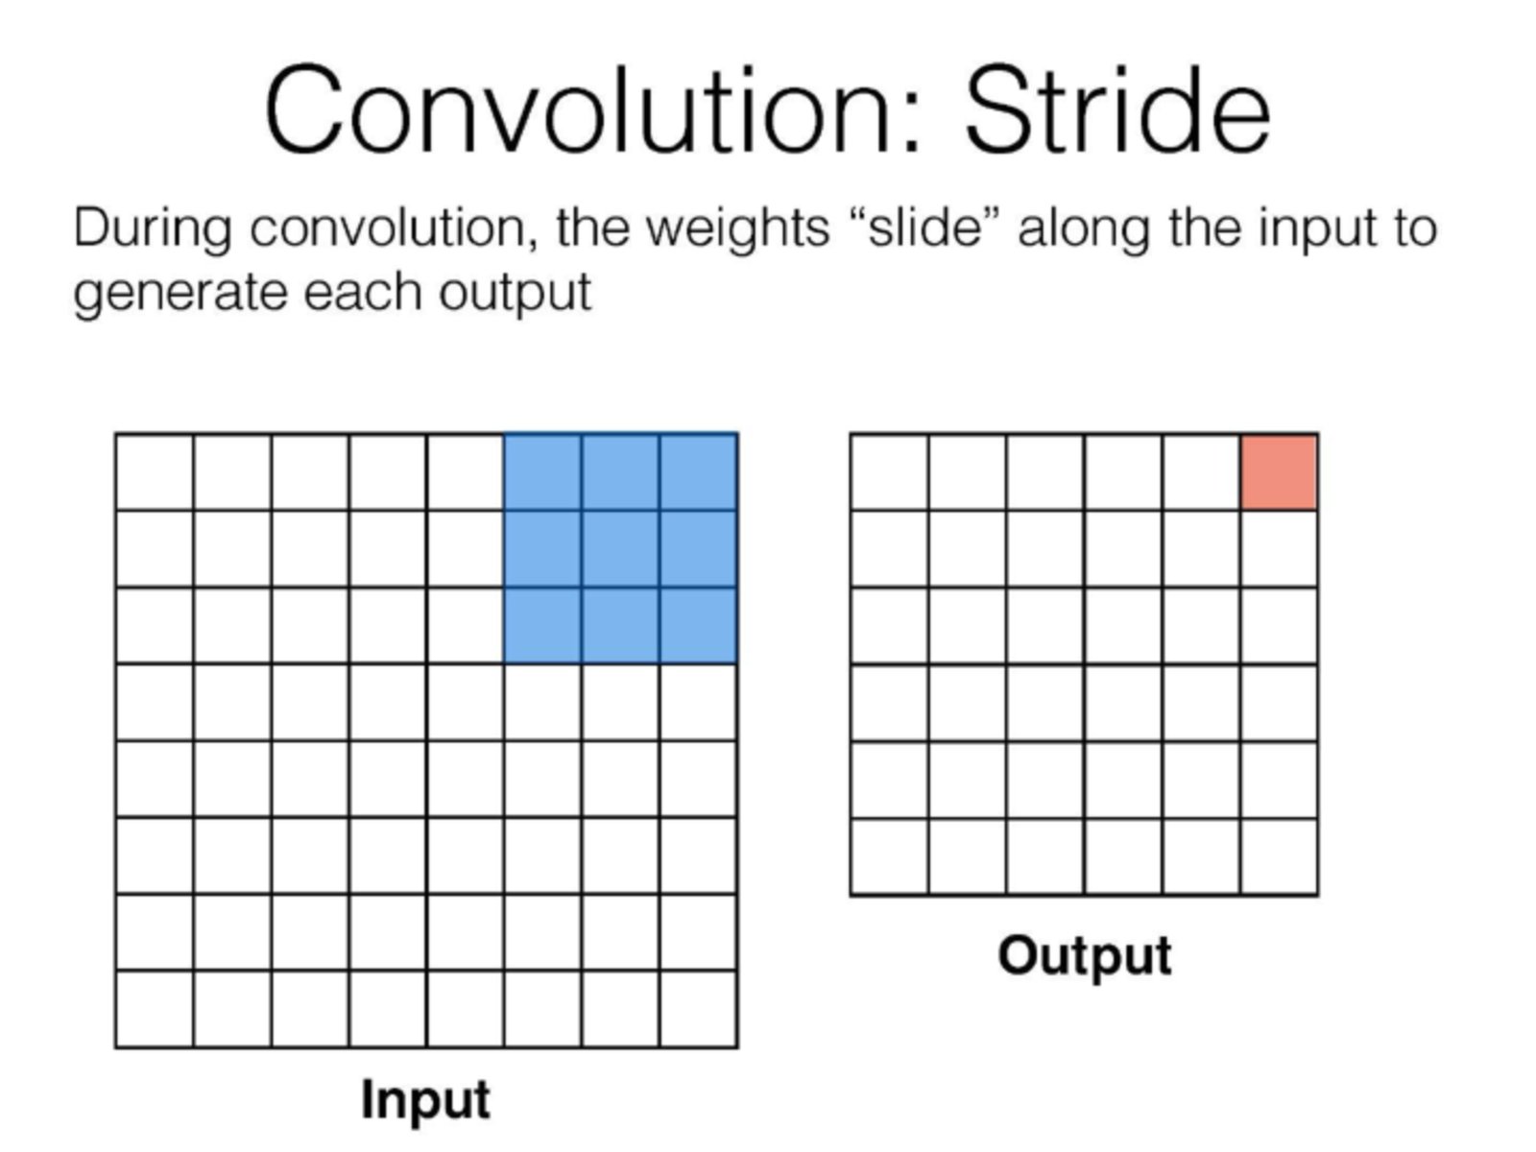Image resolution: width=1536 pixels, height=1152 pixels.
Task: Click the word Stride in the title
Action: pyautogui.click(x=1117, y=108)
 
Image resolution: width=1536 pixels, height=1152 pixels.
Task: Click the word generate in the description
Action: pyautogui.click(x=180, y=294)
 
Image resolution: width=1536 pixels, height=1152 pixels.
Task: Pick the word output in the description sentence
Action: pyautogui.click(x=515, y=293)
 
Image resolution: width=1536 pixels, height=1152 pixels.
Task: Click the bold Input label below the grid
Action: pyautogui.click(x=425, y=1102)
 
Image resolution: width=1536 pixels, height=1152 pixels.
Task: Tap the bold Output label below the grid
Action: pyautogui.click(x=1085, y=957)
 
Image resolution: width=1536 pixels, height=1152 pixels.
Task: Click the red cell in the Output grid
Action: pyautogui.click(x=1279, y=472)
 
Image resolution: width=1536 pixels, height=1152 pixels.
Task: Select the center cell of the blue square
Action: pyautogui.click(x=620, y=549)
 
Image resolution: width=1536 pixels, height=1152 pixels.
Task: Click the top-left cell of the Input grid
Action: pyautogui.click(x=155, y=472)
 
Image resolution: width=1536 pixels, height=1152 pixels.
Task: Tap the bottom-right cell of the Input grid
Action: pyautogui.click(x=698, y=1009)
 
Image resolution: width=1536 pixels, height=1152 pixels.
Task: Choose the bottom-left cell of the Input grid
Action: pyautogui.click(x=155, y=1009)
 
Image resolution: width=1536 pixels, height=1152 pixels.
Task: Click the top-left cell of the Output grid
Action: pyautogui.click(x=890, y=472)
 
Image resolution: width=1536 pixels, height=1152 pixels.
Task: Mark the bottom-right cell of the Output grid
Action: pyautogui.click(x=1279, y=856)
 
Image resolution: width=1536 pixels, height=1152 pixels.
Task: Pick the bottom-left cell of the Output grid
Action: pyautogui.click(x=890, y=856)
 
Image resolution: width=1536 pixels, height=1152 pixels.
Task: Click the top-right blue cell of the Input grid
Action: pyautogui.click(x=698, y=472)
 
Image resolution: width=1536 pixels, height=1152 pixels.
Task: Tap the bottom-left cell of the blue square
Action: pyautogui.click(x=542, y=625)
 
